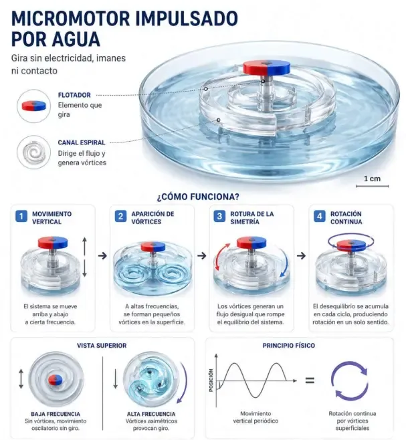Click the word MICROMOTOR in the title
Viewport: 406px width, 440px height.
tap(70, 19)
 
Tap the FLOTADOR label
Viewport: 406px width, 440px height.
tap(74, 95)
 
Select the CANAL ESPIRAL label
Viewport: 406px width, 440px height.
tap(82, 142)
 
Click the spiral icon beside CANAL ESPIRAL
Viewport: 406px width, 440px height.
tap(33, 152)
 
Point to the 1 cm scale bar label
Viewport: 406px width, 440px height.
tap(372, 179)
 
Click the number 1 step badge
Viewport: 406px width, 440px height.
tap(21, 217)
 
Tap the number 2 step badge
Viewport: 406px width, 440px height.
tap(120, 217)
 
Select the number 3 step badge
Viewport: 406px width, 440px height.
tap(219, 217)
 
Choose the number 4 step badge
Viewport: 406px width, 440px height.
tap(319, 217)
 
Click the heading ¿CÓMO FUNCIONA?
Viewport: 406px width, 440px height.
tap(198, 197)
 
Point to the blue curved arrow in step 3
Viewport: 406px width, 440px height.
tap(286, 261)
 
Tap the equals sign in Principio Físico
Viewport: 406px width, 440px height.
tap(310, 380)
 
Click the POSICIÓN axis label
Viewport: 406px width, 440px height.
tap(211, 380)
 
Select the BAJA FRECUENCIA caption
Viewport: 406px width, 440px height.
tap(56, 414)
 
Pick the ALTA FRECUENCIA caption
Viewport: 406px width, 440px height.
tap(151, 414)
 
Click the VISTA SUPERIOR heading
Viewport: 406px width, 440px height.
tap(102, 346)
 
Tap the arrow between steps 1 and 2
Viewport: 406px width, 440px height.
tap(102, 255)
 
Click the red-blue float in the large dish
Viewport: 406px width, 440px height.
tap(266, 68)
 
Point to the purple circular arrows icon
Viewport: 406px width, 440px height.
tap(350, 380)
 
